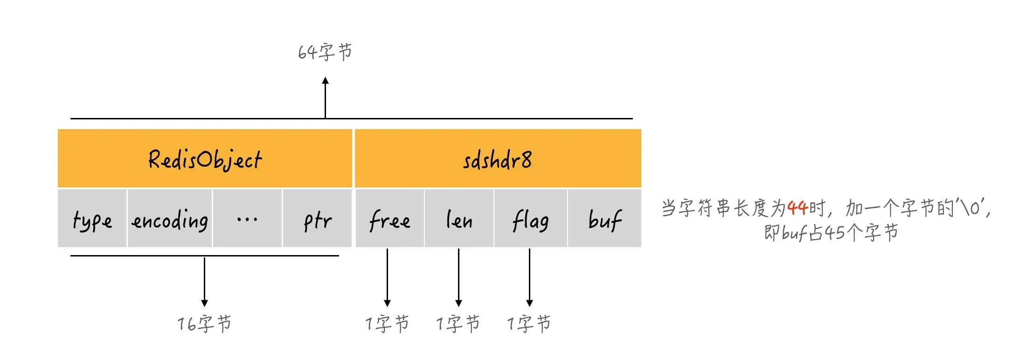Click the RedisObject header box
[x=205, y=159]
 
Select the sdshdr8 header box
[x=498, y=159]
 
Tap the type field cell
[x=92, y=218]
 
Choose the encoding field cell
[x=170, y=218]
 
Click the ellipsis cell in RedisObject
[x=247, y=218]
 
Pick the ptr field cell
[x=317, y=218]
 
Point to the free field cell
[x=389, y=218]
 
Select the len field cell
[x=459, y=218]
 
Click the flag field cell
[x=530, y=218]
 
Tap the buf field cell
[x=604, y=218]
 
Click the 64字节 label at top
[x=325, y=52]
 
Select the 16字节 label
[x=204, y=323]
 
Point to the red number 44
[x=797, y=208]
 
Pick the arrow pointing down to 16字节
[x=204, y=281]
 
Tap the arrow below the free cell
[x=387, y=277]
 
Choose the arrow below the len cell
[x=458, y=277]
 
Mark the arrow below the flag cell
[x=529, y=277]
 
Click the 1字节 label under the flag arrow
[x=529, y=323]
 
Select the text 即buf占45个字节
[x=831, y=232]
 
